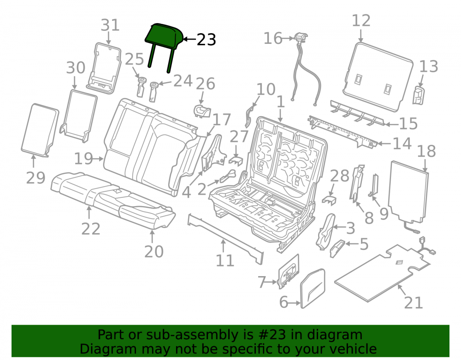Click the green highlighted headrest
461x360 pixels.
click(x=164, y=38)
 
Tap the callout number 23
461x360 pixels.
click(x=207, y=39)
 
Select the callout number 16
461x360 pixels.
click(x=273, y=38)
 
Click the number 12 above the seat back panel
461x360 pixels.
click(x=361, y=21)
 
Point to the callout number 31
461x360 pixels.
click(x=110, y=25)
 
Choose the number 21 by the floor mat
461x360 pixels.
click(x=414, y=302)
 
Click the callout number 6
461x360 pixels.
click(x=284, y=302)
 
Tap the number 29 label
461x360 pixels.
click(x=35, y=178)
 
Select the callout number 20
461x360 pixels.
click(x=154, y=252)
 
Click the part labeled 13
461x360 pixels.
click(x=419, y=95)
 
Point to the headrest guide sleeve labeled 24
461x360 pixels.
click(x=153, y=92)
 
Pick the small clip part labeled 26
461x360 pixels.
click(x=202, y=111)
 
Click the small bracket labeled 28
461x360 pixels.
click(x=329, y=200)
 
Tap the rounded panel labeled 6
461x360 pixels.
click(x=313, y=288)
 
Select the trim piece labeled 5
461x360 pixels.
click(x=337, y=248)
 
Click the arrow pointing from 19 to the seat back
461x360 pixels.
click(x=98, y=159)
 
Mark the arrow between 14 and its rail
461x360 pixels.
click(x=384, y=144)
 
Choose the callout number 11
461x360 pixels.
click(x=225, y=261)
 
